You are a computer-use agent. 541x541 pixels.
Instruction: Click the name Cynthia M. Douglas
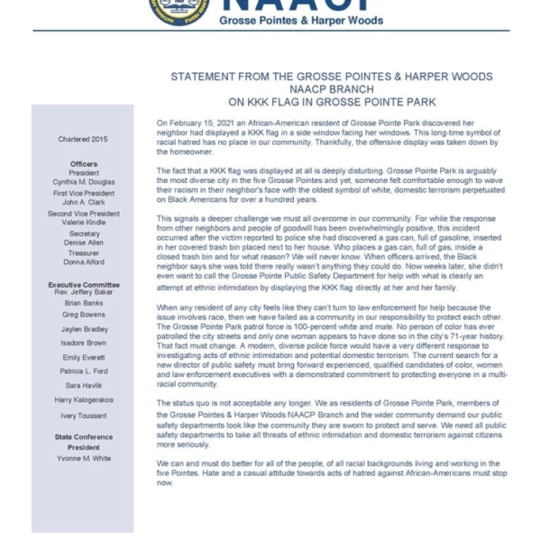[x=84, y=181]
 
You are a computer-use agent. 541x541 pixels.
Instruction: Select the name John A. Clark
[x=84, y=202]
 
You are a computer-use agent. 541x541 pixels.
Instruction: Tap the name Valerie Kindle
[x=84, y=222]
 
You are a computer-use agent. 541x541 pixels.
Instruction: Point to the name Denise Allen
[x=84, y=243]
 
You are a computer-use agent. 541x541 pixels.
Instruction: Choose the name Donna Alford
[x=84, y=262]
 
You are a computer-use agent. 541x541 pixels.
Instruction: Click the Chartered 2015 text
[x=83, y=140]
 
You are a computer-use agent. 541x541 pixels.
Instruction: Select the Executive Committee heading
[x=84, y=284]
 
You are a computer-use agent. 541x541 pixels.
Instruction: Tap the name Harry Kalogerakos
[x=84, y=399]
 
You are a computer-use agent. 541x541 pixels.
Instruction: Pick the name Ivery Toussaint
[x=84, y=416]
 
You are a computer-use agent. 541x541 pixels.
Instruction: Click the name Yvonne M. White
[x=84, y=457]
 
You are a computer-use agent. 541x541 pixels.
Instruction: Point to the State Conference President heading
[x=84, y=442]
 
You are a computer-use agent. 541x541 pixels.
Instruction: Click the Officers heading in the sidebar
[x=84, y=163]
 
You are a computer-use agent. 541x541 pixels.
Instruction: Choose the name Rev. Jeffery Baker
[x=84, y=292]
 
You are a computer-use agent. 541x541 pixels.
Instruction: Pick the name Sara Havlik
[x=84, y=385]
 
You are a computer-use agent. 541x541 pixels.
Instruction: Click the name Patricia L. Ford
[x=84, y=371]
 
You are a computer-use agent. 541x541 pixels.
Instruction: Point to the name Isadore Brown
[x=84, y=343]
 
